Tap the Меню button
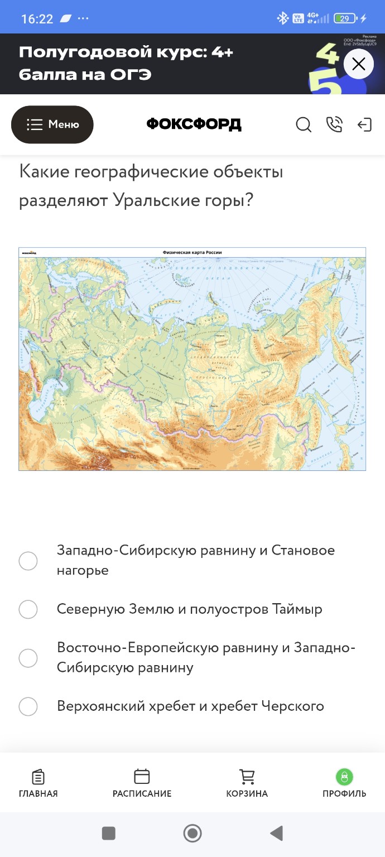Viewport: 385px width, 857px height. coord(52,124)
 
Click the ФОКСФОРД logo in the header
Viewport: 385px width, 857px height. coord(194,124)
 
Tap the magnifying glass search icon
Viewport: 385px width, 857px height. coord(303,125)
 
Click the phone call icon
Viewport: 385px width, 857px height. coord(334,125)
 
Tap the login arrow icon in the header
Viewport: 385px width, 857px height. coord(364,125)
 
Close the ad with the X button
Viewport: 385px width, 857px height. coord(358,64)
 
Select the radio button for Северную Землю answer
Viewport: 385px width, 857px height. coord(28,610)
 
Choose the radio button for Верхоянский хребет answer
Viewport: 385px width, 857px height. coord(28,707)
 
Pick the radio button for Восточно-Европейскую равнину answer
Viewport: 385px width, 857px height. coord(28,658)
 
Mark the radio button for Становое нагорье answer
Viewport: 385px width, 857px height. coord(28,561)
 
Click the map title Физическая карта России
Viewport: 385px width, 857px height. coord(192,253)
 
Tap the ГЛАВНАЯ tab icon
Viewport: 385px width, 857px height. coord(38,777)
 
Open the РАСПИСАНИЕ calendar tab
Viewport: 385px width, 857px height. coord(142,777)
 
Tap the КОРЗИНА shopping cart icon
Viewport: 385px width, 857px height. coord(247,777)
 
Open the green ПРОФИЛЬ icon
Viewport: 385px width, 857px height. coord(344,777)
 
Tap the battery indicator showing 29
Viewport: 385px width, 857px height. coord(345,18)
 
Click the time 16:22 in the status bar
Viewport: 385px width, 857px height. coord(37,19)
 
